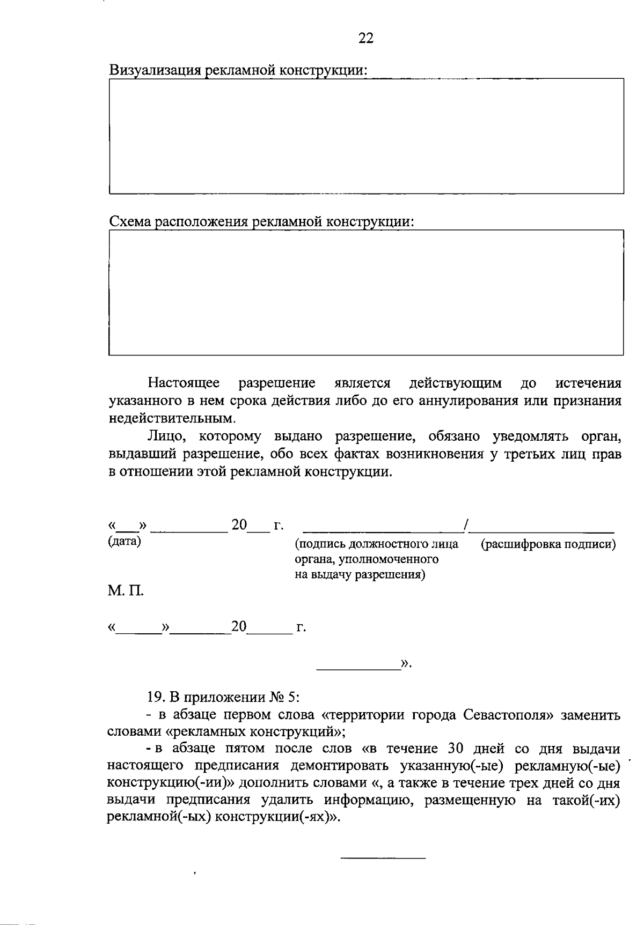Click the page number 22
366,38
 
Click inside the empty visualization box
366,136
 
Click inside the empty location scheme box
366,293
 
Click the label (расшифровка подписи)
548,545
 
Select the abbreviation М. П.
126,592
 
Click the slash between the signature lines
468,526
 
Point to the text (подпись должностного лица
377,545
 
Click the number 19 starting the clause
154,697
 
